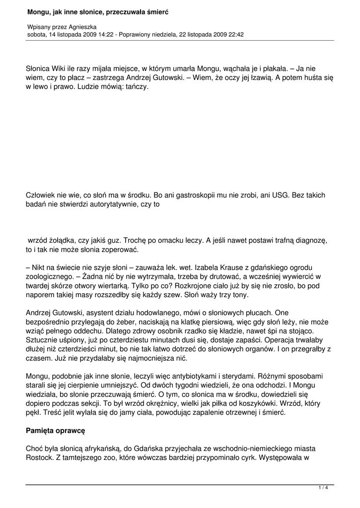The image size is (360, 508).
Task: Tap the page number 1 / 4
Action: (x=323, y=488)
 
